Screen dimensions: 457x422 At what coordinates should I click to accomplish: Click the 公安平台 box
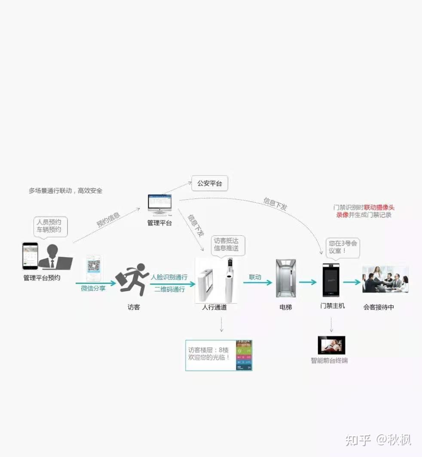[x=210, y=184]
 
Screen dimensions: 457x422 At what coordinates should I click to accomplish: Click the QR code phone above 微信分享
[x=95, y=269]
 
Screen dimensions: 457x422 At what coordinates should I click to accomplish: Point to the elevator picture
[x=286, y=279]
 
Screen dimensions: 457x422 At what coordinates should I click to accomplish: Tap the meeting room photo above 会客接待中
[x=385, y=280]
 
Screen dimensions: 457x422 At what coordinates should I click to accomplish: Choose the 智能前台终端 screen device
[x=331, y=345]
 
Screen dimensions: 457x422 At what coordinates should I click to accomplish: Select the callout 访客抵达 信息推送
[x=226, y=245]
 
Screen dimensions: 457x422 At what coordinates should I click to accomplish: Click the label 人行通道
[x=214, y=308]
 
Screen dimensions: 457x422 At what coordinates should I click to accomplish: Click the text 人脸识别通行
[x=169, y=277]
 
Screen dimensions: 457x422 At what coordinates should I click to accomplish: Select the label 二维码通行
[x=170, y=289]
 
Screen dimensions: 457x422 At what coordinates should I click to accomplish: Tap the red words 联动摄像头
[x=379, y=207]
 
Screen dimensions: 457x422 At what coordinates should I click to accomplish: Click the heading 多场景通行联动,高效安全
[x=66, y=191]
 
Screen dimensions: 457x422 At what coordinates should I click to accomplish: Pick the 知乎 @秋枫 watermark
[x=373, y=440]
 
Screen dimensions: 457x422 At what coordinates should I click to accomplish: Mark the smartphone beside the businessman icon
[x=30, y=256]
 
